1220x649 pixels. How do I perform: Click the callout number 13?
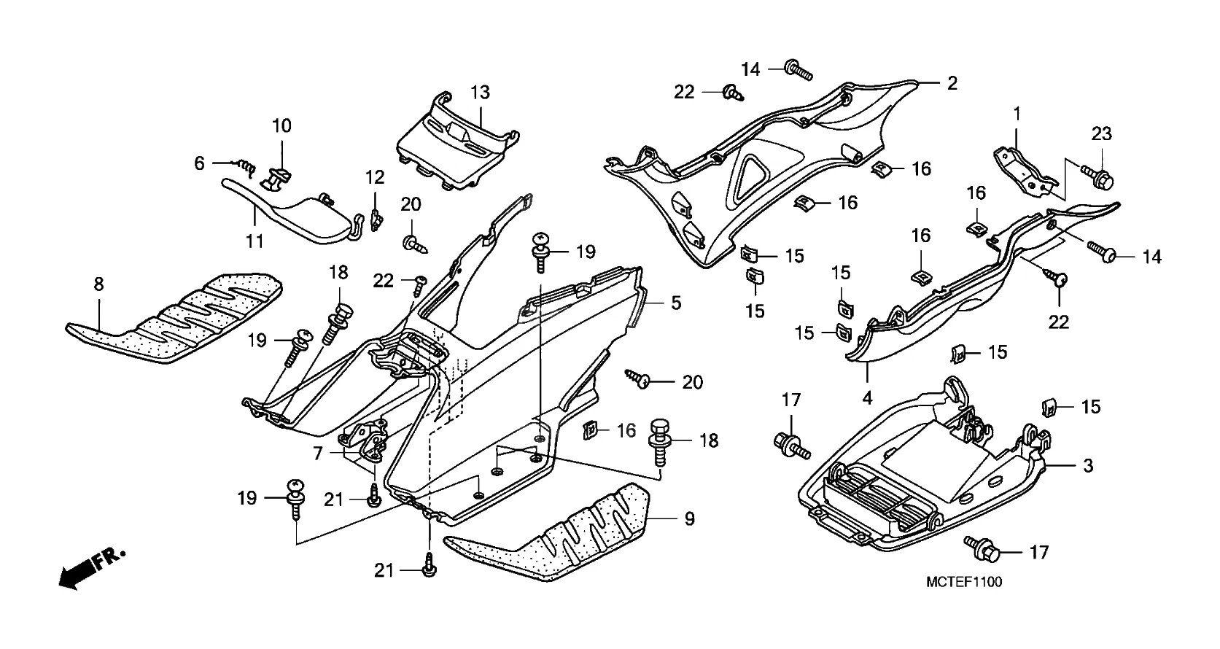480,93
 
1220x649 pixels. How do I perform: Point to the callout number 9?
689,519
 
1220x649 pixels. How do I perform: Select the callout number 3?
1088,465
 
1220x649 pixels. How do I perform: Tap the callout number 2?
952,83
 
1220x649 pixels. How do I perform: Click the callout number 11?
255,240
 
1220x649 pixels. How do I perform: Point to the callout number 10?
281,125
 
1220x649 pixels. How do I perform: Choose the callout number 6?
199,163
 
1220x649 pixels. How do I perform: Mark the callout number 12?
375,176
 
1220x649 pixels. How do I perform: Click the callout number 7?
317,454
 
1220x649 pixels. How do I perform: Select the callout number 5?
676,302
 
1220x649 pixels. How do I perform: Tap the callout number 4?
867,398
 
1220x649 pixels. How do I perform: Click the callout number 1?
1017,114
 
